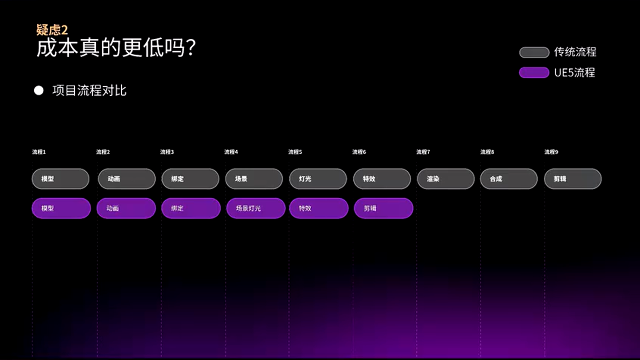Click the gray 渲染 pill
pyautogui.click(x=445, y=179)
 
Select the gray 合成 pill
pyautogui.click(x=508, y=179)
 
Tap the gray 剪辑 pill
pyautogui.click(x=572, y=179)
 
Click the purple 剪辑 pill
pyautogui.click(x=383, y=208)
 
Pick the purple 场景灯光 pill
pyautogui.click(x=255, y=208)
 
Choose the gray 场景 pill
pyautogui.click(x=254, y=179)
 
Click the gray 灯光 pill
pyautogui.click(x=317, y=179)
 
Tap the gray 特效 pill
pyautogui.click(x=381, y=179)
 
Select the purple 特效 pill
pyautogui.click(x=318, y=208)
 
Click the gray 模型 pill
pyautogui.click(x=60, y=179)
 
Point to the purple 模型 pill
pyautogui.click(x=61, y=208)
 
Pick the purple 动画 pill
pyautogui.click(x=126, y=208)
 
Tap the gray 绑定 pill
pyautogui.click(x=190, y=179)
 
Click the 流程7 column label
pyautogui.click(x=423, y=152)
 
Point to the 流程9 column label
pyautogui.click(x=551, y=152)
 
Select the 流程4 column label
pyautogui.click(x=231, y=152)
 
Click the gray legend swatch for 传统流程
pyautogui.click(x=534, y=52)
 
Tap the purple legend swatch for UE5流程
pyautogui.click(x=534, y=73)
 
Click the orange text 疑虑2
pyautogui.click(x=52, y=30)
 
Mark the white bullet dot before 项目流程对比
pyautogui.click(x=38, y=91)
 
